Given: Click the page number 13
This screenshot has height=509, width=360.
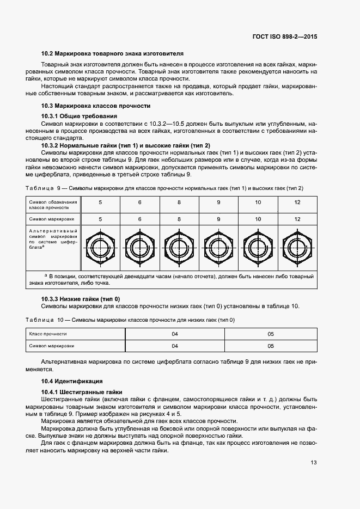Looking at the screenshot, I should [x=314, y=463].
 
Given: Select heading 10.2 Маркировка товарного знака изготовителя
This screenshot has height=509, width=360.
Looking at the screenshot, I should [x=112, y=53].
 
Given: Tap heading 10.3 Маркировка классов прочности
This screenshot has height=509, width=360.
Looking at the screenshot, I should [x=96, y=106].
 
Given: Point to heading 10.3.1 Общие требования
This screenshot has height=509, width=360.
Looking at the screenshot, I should [x=80, y=116].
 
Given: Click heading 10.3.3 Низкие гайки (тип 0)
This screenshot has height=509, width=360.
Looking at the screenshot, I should [x=81, y=299].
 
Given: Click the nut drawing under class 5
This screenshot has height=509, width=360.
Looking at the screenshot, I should [x=100, y=248].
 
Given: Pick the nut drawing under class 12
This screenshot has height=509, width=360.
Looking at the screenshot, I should [x=297, y=248].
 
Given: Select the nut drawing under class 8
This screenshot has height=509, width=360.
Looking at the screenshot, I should [x=179, y=248].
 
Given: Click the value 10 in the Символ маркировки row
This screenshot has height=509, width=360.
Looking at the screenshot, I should [x=258, y=219].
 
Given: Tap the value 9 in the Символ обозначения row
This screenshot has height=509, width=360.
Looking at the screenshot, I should [x=218, y=203].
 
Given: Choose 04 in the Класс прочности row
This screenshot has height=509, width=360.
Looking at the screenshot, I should [x=175, y=333].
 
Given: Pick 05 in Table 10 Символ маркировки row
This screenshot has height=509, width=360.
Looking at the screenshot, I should [x=271, y=346].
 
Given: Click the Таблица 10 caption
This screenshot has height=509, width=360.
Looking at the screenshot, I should [x=131, y=320].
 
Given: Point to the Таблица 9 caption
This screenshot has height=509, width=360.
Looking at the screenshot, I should [x=163, y=188].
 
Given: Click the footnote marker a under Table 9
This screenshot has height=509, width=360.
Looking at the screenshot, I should [x=45, y=275].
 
